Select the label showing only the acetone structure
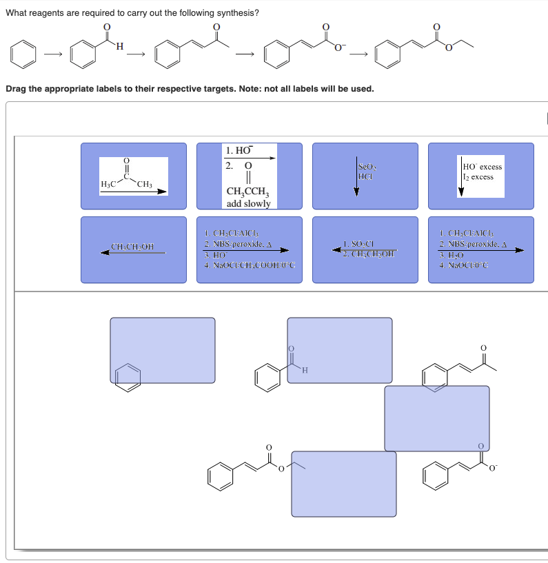point(134,176)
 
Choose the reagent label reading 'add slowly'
point(249,176)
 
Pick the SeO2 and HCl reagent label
point(365,176)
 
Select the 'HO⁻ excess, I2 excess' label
point(480,176)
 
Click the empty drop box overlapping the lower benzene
point(163,350)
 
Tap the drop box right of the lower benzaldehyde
point(340,350)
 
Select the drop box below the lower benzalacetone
point(436,418)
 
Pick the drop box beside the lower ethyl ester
point(344,484)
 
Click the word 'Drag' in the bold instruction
point(17,89)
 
